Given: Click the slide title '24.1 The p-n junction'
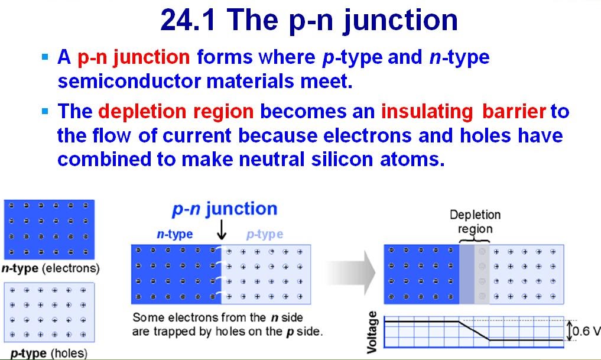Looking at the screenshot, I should point(308,20).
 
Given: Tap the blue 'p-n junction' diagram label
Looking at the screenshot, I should point(224,209).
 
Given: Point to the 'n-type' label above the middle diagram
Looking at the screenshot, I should point(174,234).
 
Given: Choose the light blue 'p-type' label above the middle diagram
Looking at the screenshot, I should point(264,234).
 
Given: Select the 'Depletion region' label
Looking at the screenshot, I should point(475,222).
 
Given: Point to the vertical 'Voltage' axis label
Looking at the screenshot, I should point(372,332).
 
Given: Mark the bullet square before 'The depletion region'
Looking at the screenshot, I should point(45,111).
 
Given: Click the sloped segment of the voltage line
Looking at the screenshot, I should point(474,330).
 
